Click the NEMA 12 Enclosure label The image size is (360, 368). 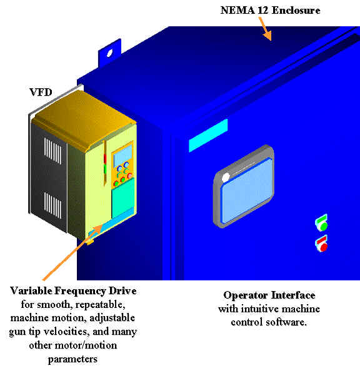(x=270, y=10)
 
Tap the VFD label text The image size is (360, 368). (x=41, y=92)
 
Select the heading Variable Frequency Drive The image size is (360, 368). (x=73, y=291)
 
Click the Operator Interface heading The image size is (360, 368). (x=269, y=295)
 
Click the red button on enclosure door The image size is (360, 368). (x=324, y=247)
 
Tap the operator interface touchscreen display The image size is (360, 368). (x=247, y=190)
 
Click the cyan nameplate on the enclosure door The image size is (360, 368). (x=208, y=135)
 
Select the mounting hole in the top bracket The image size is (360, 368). (x=109, y=53)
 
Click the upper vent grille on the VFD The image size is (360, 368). (x=53, y=151)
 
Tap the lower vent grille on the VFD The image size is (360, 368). (x=53, y=205)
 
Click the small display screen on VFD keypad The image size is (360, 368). (x=122, y=156)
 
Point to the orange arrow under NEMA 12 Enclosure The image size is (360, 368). (x=265, y=29)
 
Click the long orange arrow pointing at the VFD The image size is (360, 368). (x=73, y=252)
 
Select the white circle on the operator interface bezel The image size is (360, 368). (x=226, y=178)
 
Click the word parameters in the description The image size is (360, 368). (x=72, y=359)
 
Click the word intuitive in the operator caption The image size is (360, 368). (x=260, y=309)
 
